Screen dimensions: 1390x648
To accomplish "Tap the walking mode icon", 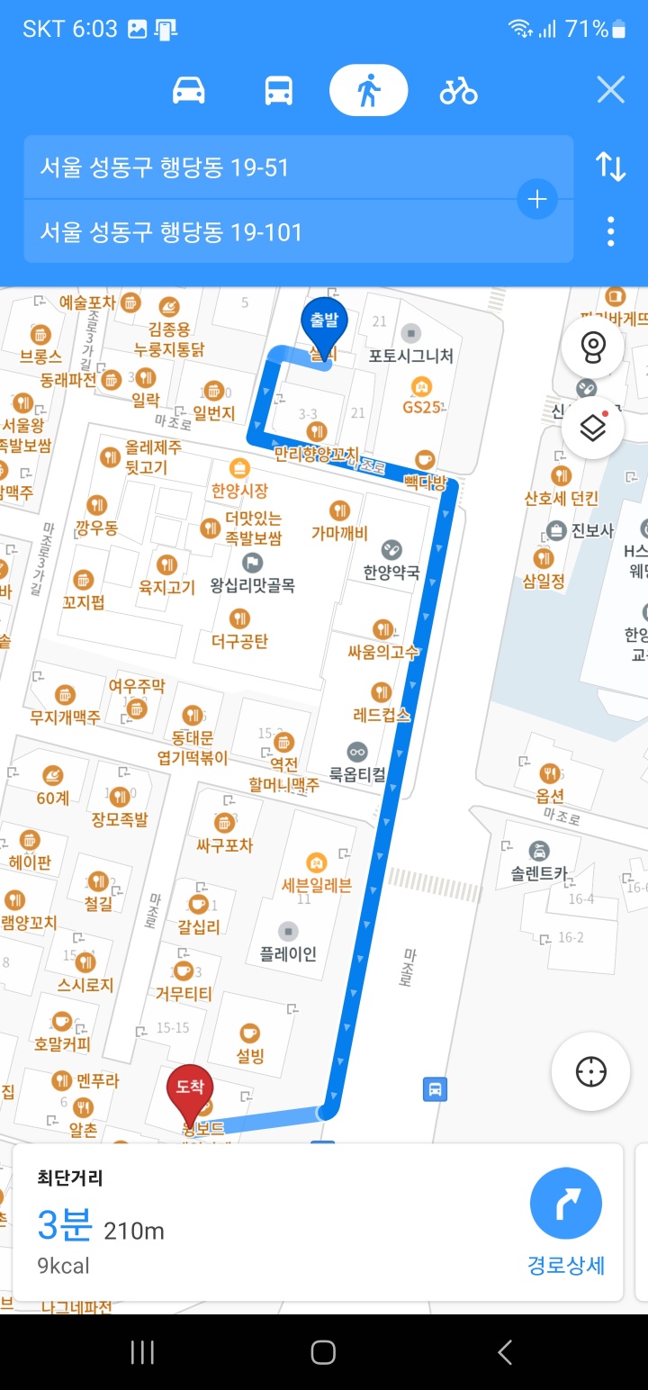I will click(368, 91).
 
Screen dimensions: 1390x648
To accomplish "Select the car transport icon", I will click(189, 91).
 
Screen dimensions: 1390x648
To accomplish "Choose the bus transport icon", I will click(278, 91).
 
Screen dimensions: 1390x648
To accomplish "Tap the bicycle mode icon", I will click(458, 91).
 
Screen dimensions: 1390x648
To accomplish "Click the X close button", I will click(610, 90).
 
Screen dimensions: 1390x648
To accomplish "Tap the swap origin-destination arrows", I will click(610, 167).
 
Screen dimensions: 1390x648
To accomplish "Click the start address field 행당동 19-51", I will click(270, 167).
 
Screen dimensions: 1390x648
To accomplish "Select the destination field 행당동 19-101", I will click(270, 232).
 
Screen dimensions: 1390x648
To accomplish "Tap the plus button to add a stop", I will click(537, 199).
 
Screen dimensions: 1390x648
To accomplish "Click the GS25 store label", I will click(420, 406).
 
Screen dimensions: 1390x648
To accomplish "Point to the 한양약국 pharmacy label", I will click(391, 571).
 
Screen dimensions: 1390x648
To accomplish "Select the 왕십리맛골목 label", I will click(252, 585).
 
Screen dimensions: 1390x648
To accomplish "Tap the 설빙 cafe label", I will click(250, 1055).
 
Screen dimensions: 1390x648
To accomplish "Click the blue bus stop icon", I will click(435, 1089).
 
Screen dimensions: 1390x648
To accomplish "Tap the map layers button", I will click(591, 428).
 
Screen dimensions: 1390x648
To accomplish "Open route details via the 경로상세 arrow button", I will click(565, 1204).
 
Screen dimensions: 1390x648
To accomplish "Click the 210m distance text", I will click(134, 1231).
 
